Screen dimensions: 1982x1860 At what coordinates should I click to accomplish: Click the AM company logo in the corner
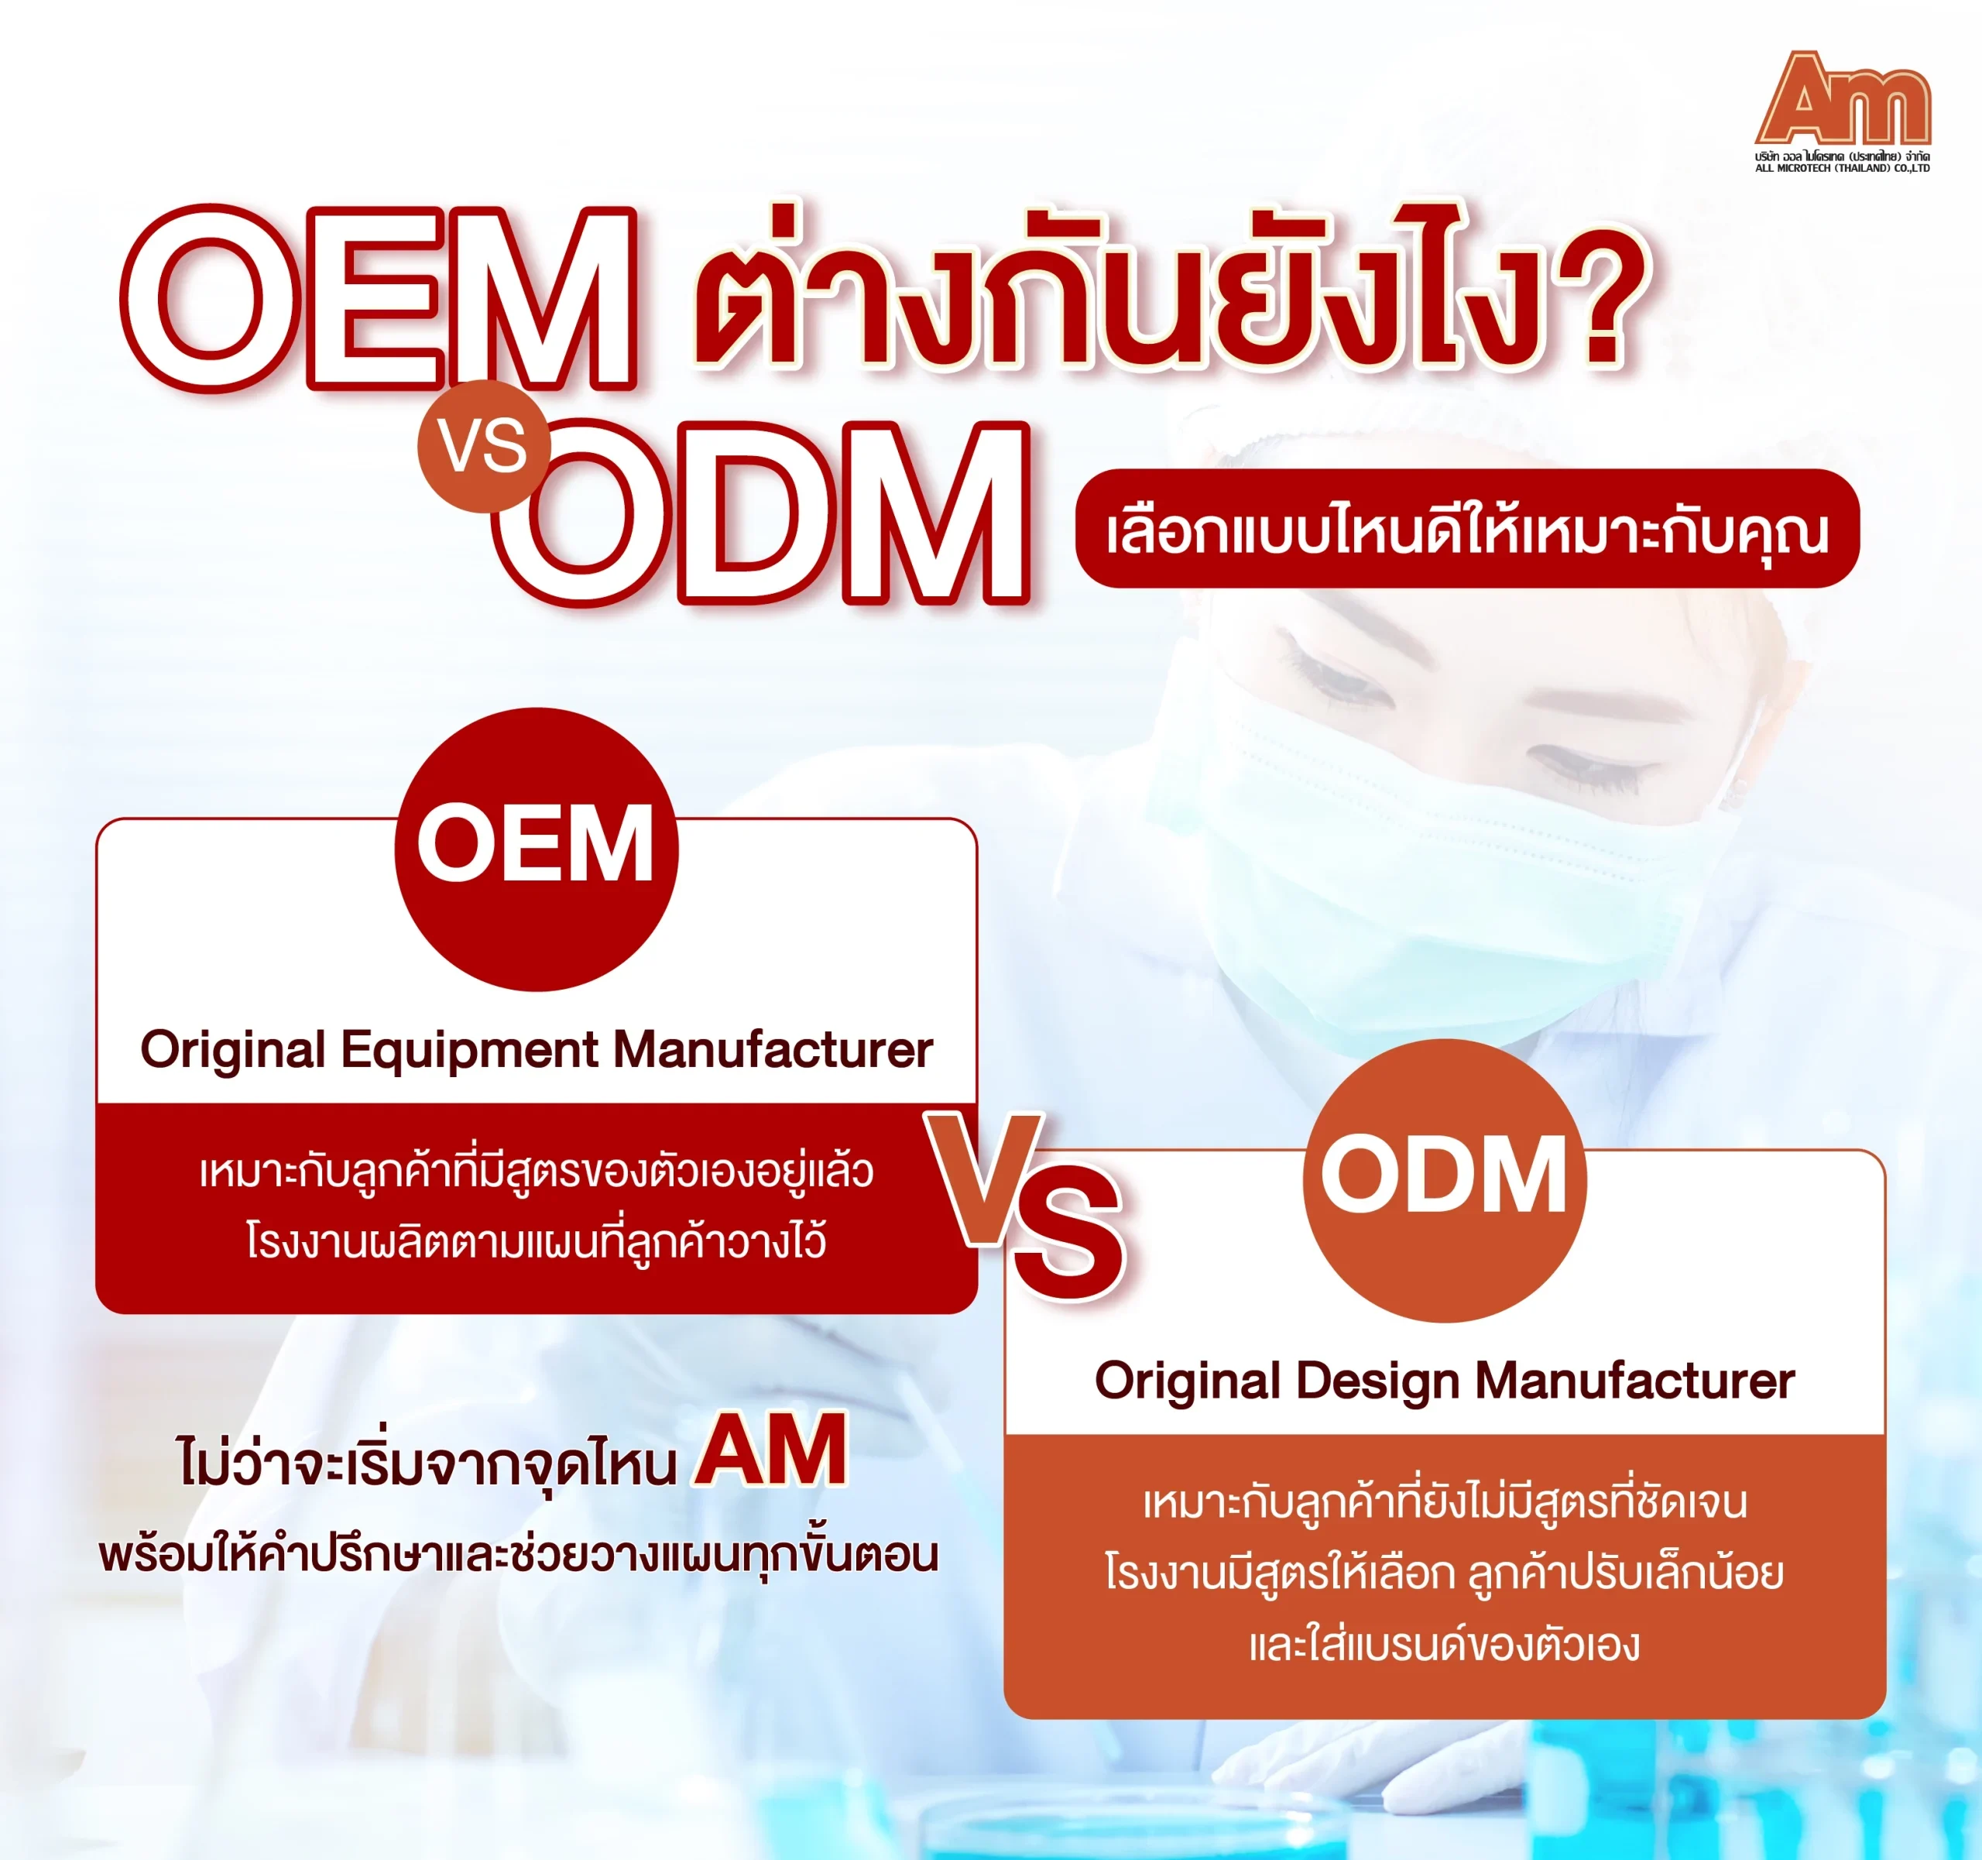coord(1843,111)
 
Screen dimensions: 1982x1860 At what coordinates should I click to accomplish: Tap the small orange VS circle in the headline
coord(484,446)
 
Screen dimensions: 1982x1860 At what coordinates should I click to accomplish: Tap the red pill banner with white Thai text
coord(1466,529)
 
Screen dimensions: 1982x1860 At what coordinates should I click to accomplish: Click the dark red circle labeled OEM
coord(537,849)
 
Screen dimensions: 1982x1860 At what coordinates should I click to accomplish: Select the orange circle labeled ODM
coord(1445,1181)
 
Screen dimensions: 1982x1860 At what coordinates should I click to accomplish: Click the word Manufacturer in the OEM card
coord(773,1049)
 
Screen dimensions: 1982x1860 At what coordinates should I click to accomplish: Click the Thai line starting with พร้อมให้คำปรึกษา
coord(519,1555)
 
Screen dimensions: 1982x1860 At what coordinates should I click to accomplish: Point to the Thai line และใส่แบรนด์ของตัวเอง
coord(1445,1645)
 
